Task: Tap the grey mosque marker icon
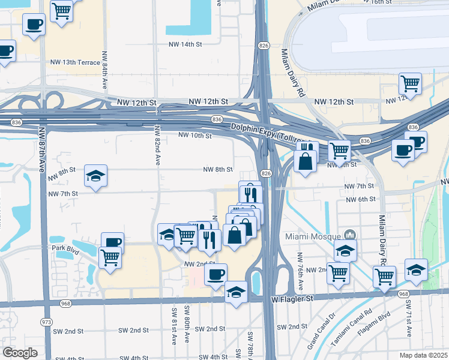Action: tap(351, 235)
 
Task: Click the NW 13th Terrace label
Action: tap(73, 62)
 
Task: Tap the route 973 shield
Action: tap(46, 322)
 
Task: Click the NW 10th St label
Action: tap(195, 136)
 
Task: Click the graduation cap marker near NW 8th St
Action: tap(95, 175)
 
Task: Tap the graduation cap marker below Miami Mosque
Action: tap(345, 250)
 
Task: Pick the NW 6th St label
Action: tap(360, 199)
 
